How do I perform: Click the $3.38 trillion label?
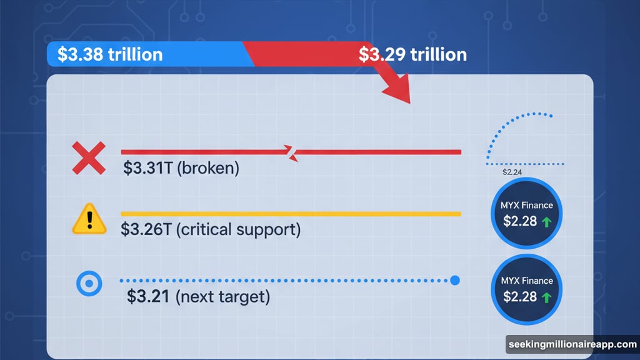click(x=109, y=54)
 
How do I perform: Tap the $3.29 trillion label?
click(x=412, y=54)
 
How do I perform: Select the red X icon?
click(x=89, y=158)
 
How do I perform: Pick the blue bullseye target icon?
click(x=89, y=284)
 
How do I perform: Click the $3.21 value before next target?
click(x=149, y=296)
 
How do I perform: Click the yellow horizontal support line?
click(x=291, y=214)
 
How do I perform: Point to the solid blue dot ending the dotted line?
click(x=455, y=281)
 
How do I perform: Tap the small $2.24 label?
click(x=512, y=172)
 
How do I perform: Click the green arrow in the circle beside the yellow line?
click(x=547, y=221)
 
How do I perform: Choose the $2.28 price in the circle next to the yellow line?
click(x=519, y=221)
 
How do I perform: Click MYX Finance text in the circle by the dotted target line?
click(x=527, y=280)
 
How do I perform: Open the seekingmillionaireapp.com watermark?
click(x=571, y=344)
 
